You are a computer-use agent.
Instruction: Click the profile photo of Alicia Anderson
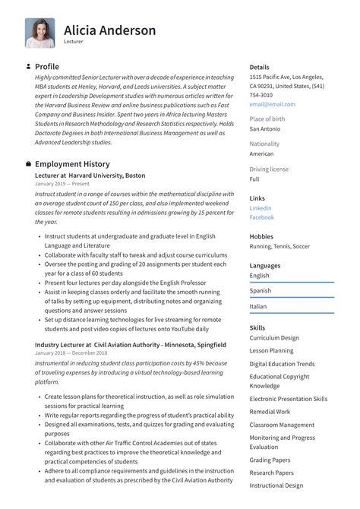[39, 33]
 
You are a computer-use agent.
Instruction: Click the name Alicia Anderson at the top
[109, 30]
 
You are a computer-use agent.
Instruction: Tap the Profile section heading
[47, 67]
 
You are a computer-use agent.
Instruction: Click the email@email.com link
[272, 104]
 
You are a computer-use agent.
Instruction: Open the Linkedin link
[261, 208]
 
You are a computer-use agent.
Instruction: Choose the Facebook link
[262, 217]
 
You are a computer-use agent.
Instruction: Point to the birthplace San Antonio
[266, 129]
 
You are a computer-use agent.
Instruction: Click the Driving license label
[269, 169]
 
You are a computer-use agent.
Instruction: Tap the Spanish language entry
[261, 291]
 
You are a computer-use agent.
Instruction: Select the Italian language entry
[259, 306]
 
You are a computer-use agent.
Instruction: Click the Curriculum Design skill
[274, 338]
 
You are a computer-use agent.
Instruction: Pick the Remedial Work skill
[270, 412]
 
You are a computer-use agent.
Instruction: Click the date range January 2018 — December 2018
[71, 353]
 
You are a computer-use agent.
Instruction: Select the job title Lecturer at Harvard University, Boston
[90, 175]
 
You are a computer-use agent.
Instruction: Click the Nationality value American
[261, 153]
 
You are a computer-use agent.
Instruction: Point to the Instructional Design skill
[276, 484]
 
